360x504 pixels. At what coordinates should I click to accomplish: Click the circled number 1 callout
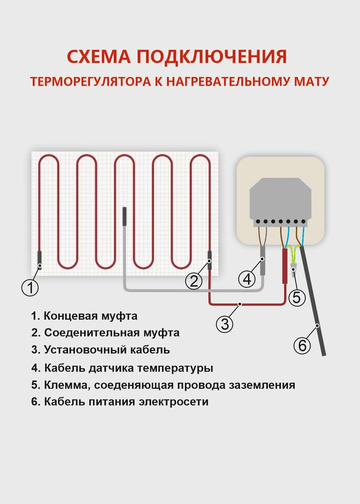[x=30, y=288]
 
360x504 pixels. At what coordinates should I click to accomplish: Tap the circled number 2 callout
[x=194, y=281]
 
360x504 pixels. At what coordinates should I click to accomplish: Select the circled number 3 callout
[x=225, y=324]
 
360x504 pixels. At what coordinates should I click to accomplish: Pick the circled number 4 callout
[x=247, y=279]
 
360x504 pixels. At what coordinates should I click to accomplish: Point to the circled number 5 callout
[x=297, y=298]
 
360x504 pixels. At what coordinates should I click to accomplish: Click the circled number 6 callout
[x=302, y=345]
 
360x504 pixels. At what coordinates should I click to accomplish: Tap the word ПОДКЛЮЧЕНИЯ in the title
[x=212, y=57]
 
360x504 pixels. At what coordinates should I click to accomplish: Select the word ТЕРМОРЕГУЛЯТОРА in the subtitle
[x=90, y=82]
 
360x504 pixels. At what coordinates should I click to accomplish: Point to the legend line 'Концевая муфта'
[x=84, y=316]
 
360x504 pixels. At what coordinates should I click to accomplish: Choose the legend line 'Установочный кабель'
[x=100, y=350]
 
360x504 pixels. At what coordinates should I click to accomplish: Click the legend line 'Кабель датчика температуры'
[x=122, y=368]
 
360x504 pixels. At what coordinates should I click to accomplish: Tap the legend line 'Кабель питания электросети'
[x=120, y=401]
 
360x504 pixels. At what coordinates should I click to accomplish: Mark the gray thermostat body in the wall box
[x=280, y=200]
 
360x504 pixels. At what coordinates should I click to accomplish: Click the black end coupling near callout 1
[x=40, y=260]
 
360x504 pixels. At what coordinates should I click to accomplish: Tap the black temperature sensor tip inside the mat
[x=125, y=216]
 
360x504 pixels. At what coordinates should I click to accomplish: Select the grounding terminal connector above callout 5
[x=294, y=268]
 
